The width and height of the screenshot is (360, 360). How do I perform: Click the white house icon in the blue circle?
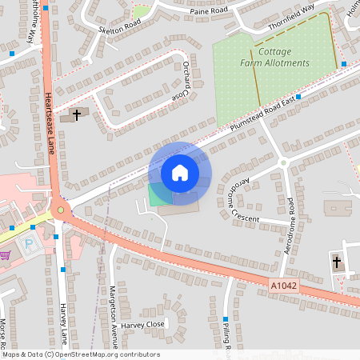(179, 172)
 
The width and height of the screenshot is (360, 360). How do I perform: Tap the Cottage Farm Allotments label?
(275, 58)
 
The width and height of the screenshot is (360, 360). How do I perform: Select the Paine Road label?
(210, 12)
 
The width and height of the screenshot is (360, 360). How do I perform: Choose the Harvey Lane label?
(64, 320)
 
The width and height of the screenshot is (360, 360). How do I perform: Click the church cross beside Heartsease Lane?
(77, 115)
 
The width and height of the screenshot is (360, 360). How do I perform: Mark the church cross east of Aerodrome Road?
(336, 262)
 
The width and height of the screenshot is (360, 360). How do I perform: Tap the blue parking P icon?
(30, 243)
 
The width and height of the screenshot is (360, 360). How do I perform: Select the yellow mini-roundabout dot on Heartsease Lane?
(60, 210)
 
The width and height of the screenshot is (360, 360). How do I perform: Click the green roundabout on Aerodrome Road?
(283, 163)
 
